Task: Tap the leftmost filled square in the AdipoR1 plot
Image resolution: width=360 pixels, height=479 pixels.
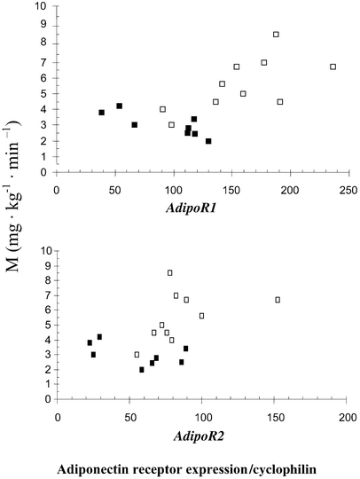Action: point(101,113)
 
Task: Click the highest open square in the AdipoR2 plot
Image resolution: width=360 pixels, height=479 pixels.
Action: point(170,272)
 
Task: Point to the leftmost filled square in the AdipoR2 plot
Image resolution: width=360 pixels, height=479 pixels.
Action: point(90,342)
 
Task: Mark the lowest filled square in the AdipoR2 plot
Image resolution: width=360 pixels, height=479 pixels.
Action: point(142,370)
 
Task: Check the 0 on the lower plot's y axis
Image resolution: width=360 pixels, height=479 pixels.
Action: point(47,400)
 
